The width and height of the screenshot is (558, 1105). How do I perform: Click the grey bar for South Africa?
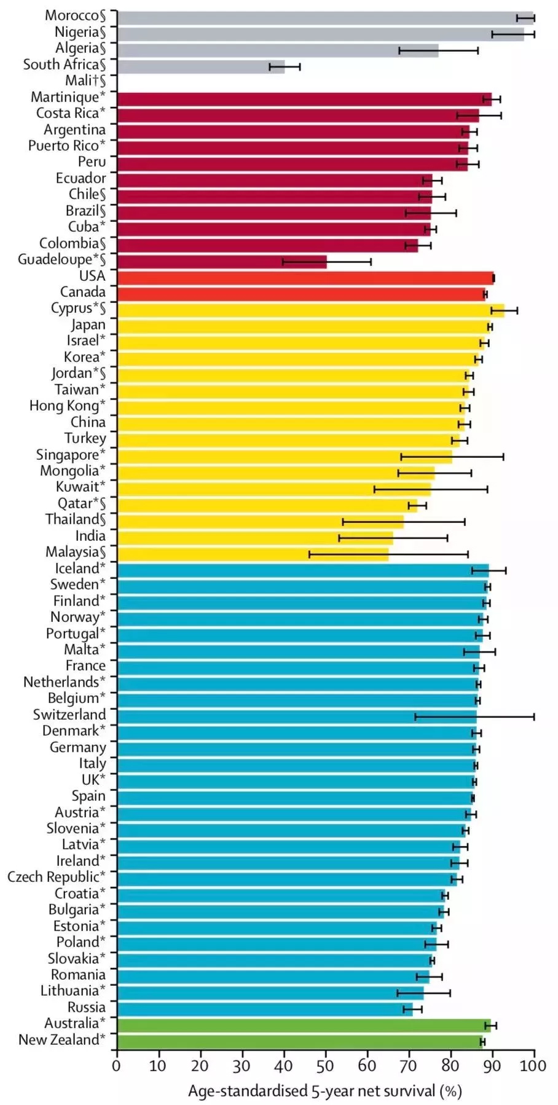(200, 66)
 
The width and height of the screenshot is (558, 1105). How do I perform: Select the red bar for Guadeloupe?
(221, 261)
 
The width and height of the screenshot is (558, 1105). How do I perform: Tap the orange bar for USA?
(305, 278)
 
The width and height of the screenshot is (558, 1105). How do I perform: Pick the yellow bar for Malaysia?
(253, 554)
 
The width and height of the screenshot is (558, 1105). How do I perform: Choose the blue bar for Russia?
(264, 1009)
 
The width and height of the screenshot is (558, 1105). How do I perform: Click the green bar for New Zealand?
(299, 1041)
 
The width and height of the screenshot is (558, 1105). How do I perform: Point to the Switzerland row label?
(69, 715)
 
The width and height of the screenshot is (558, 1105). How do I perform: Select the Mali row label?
(85, 81)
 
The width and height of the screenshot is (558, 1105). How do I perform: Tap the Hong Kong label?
(67, 406)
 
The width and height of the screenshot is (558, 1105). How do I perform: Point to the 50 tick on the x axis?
(326, 1065)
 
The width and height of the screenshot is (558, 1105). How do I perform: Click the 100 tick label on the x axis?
(534, 1065)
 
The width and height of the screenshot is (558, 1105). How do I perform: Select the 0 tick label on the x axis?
(117, 1065)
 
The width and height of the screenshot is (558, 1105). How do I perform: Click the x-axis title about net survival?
(325, 1091)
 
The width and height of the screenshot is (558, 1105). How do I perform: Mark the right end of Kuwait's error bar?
(487, 489)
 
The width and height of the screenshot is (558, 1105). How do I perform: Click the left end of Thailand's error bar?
(343, 522)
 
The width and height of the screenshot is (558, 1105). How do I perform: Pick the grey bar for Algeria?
(277, 50)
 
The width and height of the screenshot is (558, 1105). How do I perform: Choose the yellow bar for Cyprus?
(310, 310)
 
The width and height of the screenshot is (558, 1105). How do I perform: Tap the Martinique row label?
(68, 97)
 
